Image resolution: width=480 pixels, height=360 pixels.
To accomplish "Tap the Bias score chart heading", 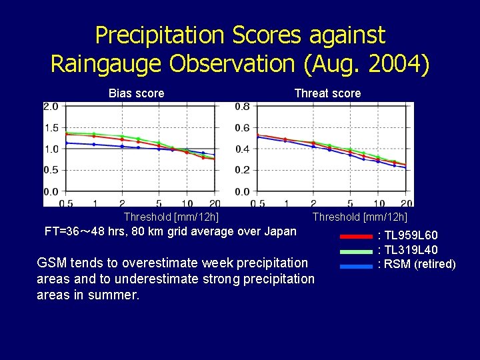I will [x=136, y=93].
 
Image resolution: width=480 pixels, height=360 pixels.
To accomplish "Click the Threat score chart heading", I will [x=327, y=93].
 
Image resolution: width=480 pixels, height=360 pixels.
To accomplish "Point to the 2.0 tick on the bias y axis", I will [x=51, y=107].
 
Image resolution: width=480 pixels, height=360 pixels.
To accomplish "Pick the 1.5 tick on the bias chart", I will [x=51, y=128].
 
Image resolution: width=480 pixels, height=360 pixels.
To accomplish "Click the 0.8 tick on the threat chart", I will [x=242, y=107].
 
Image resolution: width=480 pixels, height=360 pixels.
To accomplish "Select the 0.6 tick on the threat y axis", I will [x=242, y=128].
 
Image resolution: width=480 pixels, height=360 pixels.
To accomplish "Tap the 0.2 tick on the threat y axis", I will [x=242, y=171].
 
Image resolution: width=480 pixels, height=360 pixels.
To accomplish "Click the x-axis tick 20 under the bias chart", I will [x=215, y=203].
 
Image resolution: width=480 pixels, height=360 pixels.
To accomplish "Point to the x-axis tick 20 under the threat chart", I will [x=407, y=203].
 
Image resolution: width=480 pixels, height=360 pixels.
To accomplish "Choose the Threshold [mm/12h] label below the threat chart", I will [x=360, y=217].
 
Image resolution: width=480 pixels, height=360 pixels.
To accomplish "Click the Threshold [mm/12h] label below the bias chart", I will [x=171, y=217].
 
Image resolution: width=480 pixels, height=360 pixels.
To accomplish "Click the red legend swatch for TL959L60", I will [x=356, y=236].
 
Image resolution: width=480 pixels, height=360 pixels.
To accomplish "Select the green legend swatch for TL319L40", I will [x=356, y=251].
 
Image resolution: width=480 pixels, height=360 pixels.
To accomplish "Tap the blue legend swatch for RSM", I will [x=356, y=266].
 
